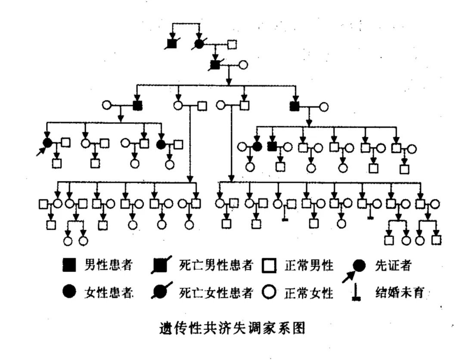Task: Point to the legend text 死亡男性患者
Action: (x=216, y=266)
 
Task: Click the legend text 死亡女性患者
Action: (x=216, y=293)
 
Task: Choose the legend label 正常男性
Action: (x=309, y=266)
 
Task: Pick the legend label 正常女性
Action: (x=309, y=293)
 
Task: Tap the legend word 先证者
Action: (x=393, y=266)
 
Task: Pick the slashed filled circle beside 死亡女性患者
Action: (x=161, y=292)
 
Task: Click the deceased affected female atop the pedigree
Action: (x=199, y=43)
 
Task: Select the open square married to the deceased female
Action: (x=232, y=43)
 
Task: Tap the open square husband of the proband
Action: (x=65, y=143)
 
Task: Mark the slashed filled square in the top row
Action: (x=172, y=43)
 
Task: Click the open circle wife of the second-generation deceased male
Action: (x=243, y=65)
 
